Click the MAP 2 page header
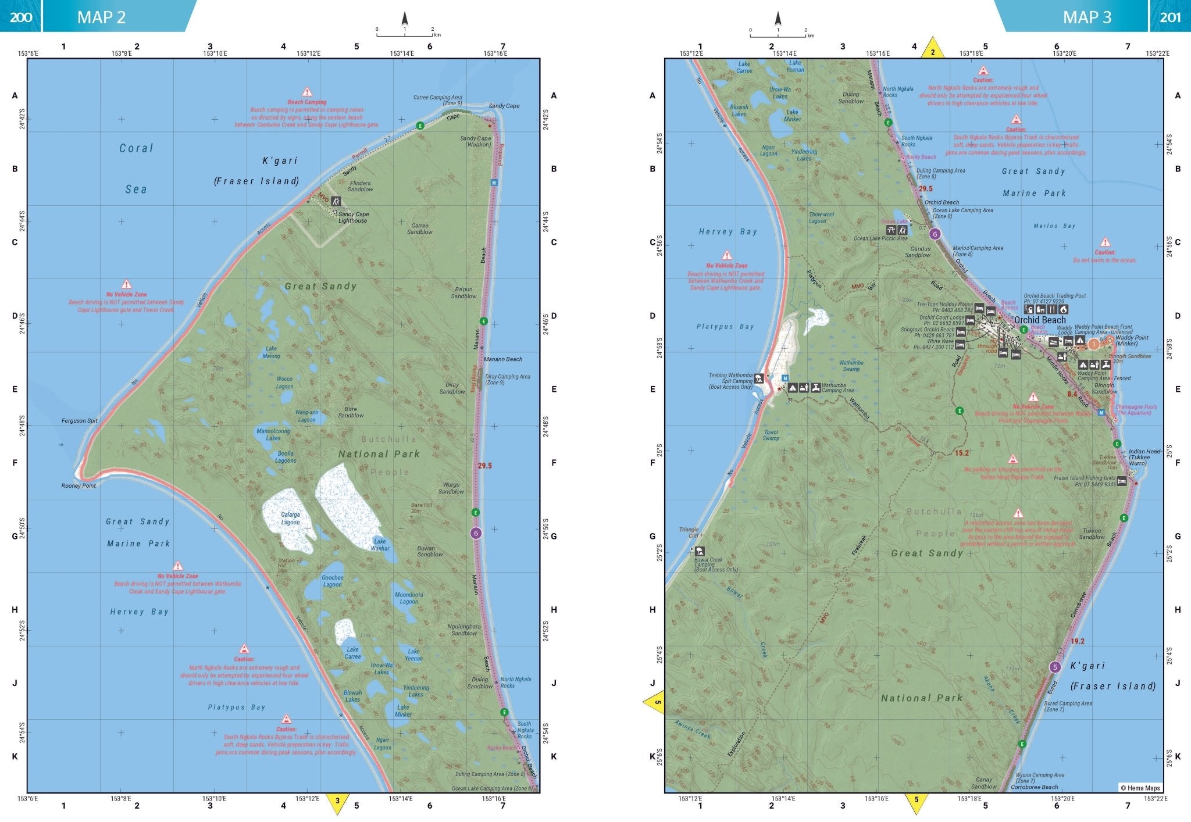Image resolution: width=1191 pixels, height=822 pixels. coord(102,17)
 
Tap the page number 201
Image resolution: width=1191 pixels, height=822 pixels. coord(1170,17)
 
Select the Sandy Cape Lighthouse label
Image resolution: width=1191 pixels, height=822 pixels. coord(354,217)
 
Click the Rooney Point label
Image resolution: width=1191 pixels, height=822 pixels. coord(79,485)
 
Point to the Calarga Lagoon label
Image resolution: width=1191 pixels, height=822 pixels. coord(290,518)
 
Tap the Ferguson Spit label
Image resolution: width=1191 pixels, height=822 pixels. coord(80,420)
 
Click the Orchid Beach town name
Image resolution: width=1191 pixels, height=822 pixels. coord(1040,320)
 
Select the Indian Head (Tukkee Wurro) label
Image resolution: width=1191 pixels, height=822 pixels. coord(1144,457)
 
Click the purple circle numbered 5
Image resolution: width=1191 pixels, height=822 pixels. coord(1055,667)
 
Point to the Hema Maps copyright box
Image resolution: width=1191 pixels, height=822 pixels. coord(1140,788)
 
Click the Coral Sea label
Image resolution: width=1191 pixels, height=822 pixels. coord(136,169)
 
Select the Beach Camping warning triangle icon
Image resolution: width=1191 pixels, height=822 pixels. coord(307,92)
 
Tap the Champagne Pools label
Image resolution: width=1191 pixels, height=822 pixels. coord(1136,410)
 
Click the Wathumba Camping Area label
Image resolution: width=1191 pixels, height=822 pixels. coord(837,388)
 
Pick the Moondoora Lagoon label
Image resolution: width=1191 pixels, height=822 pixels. coord(409,598)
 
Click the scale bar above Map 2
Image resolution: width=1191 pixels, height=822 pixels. coord(405,34)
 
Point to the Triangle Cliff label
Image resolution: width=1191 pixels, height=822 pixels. coord(689,532)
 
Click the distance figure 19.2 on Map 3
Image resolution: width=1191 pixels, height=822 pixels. coord(1077,641)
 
